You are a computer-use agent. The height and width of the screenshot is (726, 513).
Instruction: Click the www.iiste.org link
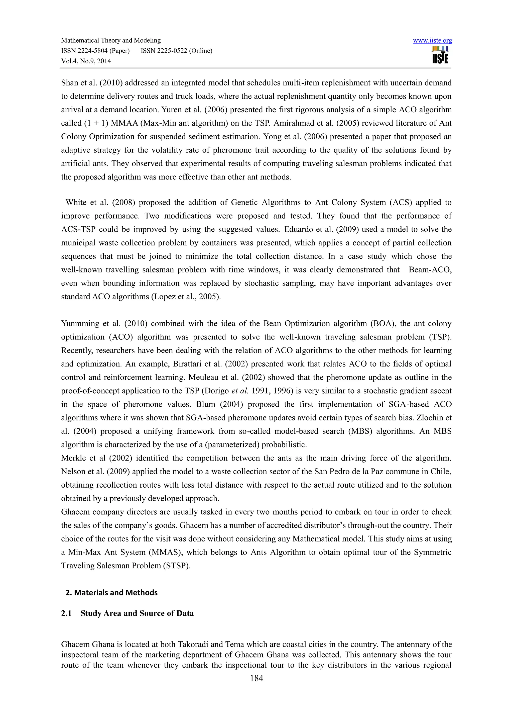432,40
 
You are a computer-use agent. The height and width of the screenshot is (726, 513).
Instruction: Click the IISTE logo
440,55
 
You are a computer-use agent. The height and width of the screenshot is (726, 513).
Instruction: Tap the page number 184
256,678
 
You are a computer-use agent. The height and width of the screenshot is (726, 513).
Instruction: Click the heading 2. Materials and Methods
111,593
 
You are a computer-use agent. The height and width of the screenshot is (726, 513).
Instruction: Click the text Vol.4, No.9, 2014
86,61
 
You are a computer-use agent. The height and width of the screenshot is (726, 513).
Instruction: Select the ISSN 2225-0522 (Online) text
176,51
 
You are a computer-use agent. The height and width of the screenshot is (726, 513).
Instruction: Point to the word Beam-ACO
430,270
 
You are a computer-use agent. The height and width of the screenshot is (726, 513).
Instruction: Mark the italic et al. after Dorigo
239,391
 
